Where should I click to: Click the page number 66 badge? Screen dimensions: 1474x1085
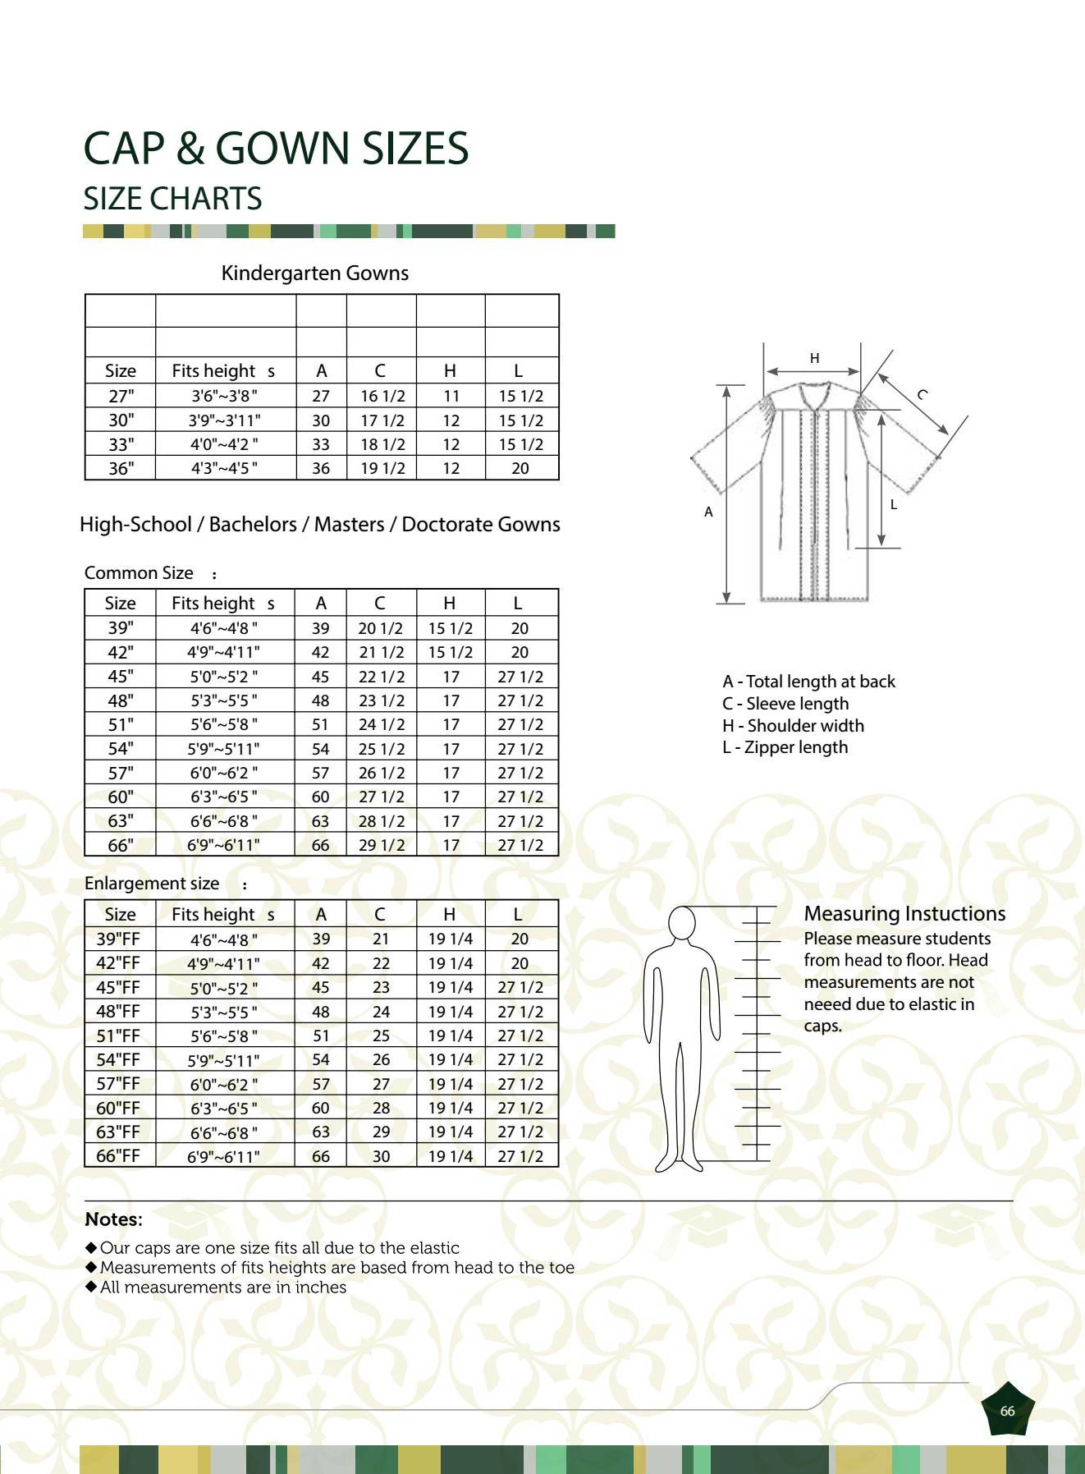point(1007,1411)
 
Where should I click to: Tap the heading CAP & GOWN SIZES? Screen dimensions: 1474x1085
point(276,149)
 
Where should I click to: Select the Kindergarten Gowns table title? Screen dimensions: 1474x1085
point(314,273)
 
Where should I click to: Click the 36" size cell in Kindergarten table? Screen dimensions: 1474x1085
point(120,468)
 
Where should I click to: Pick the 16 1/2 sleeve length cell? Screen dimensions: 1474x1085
point(382,396)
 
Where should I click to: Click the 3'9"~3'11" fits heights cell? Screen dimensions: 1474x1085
point(224,420)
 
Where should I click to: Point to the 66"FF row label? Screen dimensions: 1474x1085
point(118,1155)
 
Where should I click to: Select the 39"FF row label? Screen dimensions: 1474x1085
point(118,939)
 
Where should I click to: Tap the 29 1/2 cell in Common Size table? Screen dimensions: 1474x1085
point(381,844)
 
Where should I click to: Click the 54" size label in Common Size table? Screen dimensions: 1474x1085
point(120,748)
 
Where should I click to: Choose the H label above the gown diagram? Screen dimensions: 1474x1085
point(814,358)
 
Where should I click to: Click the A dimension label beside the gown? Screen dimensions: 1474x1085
point(708,512)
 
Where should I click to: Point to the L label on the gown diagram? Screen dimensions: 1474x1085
point(894,504)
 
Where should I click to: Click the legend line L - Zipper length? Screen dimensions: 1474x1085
point(785,747)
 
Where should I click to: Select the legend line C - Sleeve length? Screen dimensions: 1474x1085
point(785,704)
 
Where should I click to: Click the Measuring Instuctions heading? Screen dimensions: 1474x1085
point(904,914)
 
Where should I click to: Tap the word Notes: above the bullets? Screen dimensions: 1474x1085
point(113,1219)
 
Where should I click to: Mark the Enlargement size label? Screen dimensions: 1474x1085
point(152,884)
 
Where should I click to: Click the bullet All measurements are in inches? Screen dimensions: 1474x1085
point(222,1288)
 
